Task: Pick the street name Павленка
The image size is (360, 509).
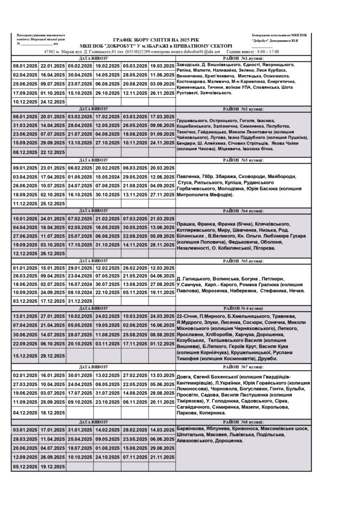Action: coord(190,176)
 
